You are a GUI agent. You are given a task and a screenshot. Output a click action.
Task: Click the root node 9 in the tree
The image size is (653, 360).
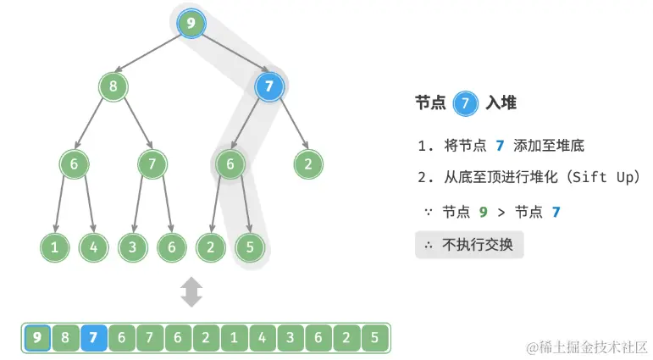tap(192, 23)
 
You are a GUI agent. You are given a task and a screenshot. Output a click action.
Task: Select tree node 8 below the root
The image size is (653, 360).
tap(113, 86)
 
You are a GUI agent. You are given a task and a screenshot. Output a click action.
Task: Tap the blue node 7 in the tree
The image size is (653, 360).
tap(268, 86)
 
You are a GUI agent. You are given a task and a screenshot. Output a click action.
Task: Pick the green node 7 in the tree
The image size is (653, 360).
tap(152, 164)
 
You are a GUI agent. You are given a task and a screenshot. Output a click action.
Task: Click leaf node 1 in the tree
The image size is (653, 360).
tap(54, 247)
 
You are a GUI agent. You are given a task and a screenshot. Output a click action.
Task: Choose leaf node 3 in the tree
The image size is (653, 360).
tap(133, 247)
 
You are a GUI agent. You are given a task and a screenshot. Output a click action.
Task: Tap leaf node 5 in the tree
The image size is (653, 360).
tap(250, 247)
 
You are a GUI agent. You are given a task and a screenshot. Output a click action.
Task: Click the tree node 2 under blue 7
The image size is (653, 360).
tap(307, 164)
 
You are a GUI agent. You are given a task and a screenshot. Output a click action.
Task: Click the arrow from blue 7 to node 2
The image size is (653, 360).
tap(289, 125)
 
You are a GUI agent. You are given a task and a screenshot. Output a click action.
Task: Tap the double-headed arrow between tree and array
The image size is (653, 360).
tap(192, 292)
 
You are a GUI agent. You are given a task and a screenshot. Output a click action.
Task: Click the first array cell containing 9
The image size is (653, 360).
tap(36, 338)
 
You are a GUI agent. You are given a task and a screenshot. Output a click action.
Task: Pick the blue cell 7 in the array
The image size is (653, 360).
tap(93, 338)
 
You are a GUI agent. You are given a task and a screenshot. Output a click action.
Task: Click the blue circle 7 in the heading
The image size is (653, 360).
tap(464, 103)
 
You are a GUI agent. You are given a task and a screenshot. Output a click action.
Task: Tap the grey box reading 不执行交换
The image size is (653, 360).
tap(469, 246)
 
